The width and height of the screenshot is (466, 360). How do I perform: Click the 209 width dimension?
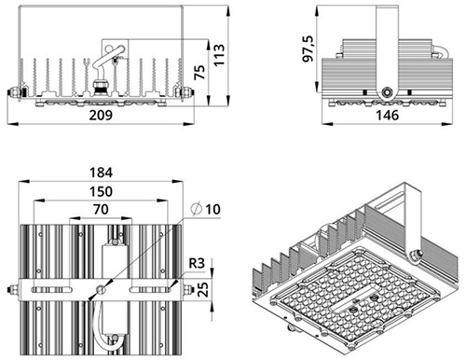click(101, 115)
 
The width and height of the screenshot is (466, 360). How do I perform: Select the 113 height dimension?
click(219, 55)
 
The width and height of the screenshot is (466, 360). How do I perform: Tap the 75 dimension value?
click(199, 72)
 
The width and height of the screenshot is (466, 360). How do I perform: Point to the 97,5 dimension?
click(308, 48)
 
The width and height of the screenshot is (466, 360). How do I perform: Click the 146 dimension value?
click(387, 116)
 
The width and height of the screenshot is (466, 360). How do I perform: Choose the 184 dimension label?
click(101, 173)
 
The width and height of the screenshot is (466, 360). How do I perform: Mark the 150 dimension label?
click(101, 191)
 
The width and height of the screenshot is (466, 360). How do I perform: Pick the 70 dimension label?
click(101, 210)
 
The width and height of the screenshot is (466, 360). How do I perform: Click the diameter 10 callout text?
click(206, 209)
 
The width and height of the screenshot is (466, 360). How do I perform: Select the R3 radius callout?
click(197, 263)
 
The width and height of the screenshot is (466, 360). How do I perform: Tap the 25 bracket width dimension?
click(203, 289)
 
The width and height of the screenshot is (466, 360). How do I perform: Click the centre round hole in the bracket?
click(101, 290)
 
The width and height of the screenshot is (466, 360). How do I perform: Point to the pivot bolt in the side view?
click(387, 92)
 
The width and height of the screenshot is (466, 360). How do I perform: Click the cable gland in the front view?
click(101, 87)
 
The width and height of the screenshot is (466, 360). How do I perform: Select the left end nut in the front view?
click(13, 92)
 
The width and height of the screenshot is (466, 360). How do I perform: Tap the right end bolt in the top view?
click(188, 290)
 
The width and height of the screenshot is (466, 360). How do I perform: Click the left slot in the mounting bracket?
click(51, 290)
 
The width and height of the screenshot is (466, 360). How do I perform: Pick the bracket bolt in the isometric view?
click(417, 255)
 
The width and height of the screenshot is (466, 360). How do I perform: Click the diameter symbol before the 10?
click(197, 209)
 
